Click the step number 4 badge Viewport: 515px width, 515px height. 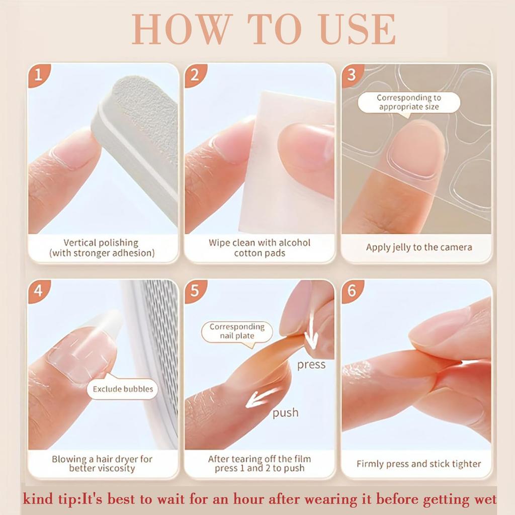[38, 291]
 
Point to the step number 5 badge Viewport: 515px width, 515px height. [195, 291]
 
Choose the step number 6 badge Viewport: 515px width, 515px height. [352, 291]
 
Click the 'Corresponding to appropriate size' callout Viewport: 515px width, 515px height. [408, 102]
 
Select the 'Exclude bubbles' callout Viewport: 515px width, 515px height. [123, 389]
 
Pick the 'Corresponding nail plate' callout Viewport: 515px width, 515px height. [236, 331]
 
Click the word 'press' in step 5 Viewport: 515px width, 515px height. [311, 364]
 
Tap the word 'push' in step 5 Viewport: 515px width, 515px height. [285, 413]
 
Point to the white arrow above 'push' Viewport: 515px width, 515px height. [264, 397]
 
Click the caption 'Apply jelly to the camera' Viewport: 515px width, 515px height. [418, 247]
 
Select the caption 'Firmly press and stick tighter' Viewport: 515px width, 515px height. [418, 464]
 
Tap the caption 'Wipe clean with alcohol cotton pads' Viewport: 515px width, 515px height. [260, 247]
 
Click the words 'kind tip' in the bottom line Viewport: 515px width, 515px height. [49, 500]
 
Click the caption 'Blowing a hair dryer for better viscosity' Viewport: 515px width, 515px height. [103, 464]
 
